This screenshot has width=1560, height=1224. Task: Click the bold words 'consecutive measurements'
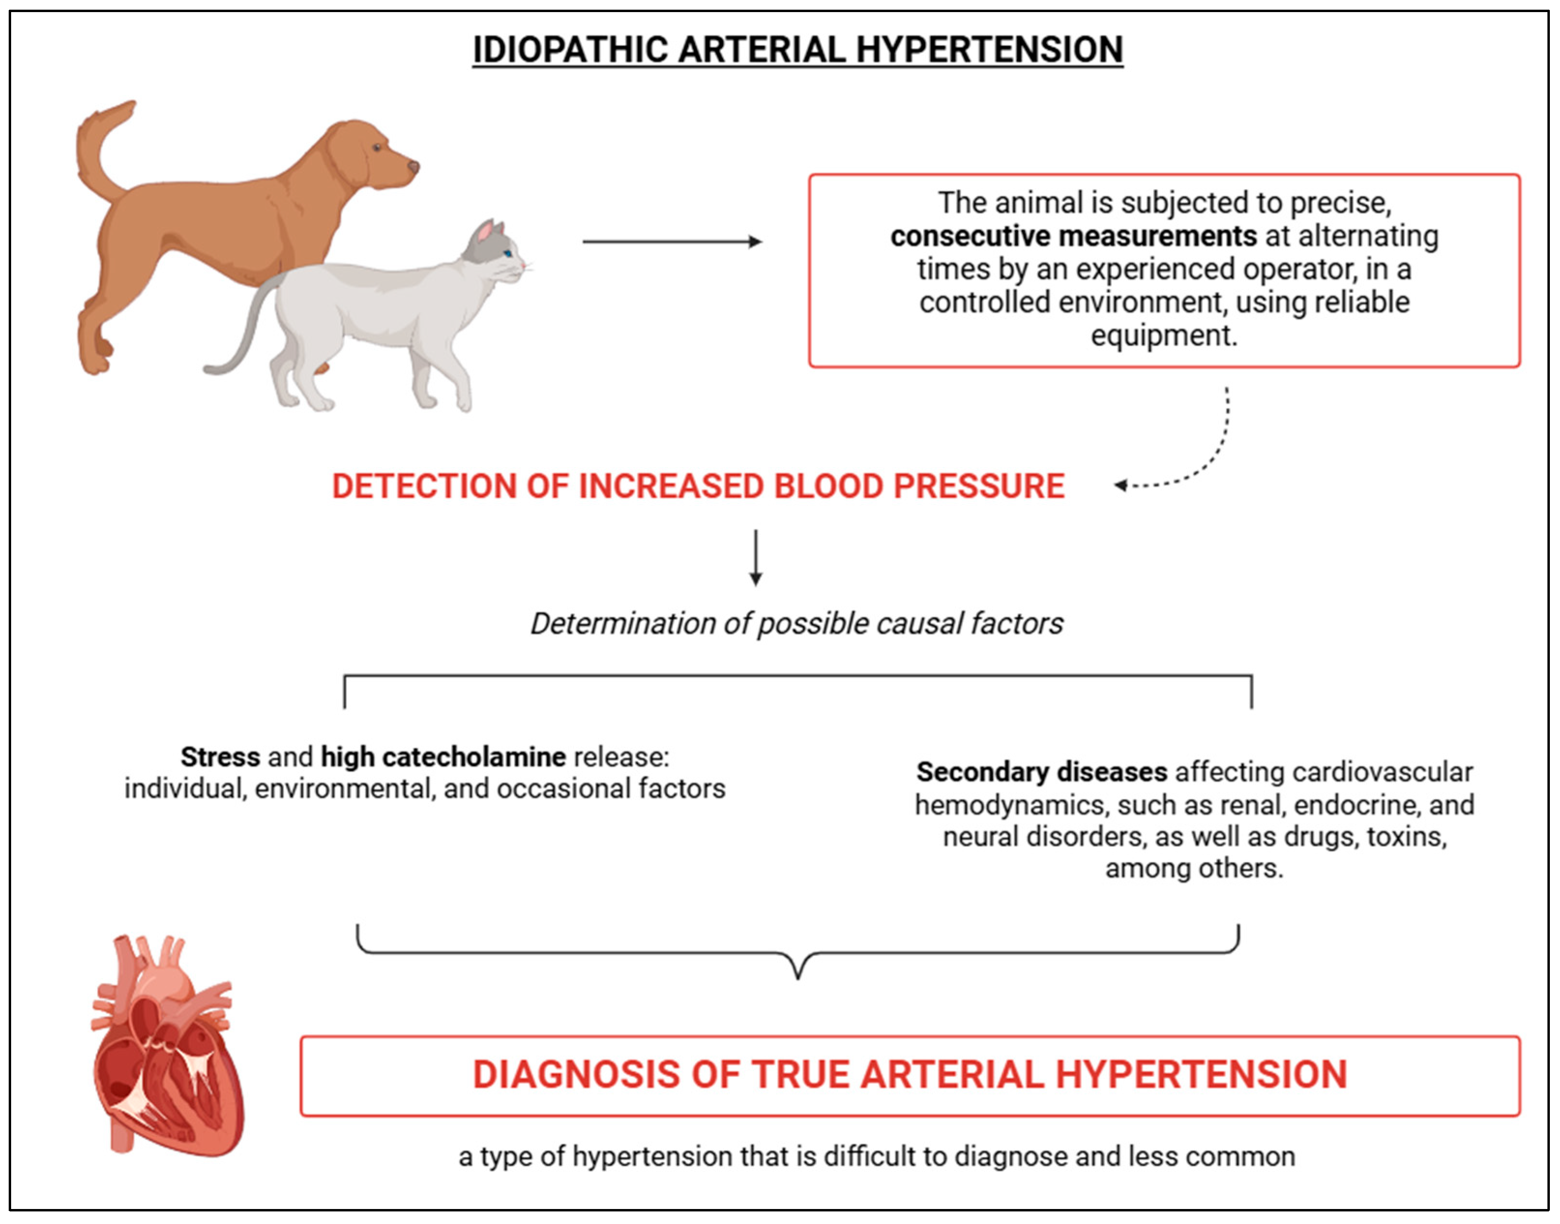[x=1073, y=236]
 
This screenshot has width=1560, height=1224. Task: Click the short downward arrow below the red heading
[x=755, y=558]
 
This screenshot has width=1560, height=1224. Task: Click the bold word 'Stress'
[x=220, y=757]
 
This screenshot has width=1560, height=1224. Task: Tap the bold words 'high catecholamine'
[x=443, y=757]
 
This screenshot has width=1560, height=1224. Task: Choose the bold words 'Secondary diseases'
[x=1041, y=772]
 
